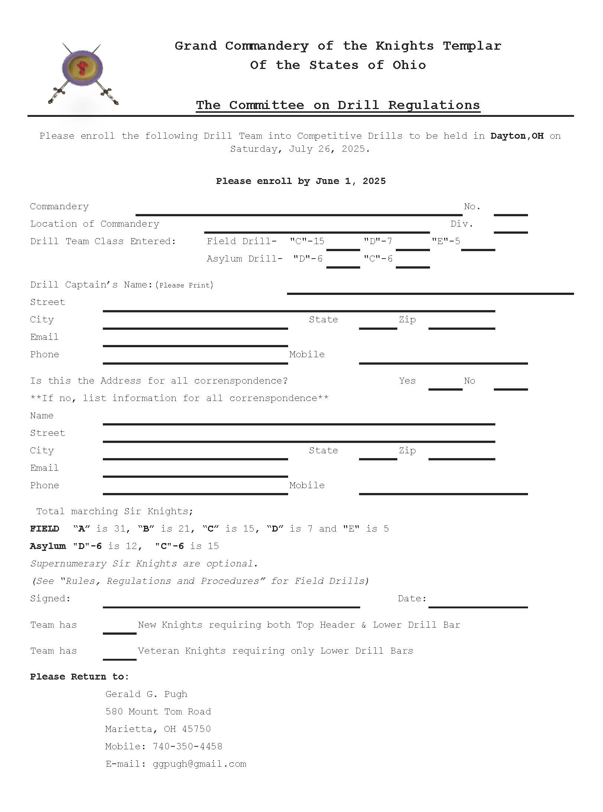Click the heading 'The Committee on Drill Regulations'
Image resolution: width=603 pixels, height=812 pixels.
338,105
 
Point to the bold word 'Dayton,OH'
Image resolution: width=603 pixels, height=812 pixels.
517,136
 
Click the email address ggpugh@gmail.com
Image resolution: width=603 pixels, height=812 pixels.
199,764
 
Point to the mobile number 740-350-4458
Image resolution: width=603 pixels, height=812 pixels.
188,746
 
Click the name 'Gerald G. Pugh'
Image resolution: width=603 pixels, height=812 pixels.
146,694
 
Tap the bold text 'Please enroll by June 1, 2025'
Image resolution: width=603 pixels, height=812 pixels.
301,181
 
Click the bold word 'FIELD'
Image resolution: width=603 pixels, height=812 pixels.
45,529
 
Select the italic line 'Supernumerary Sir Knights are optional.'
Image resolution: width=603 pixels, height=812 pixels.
144,564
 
